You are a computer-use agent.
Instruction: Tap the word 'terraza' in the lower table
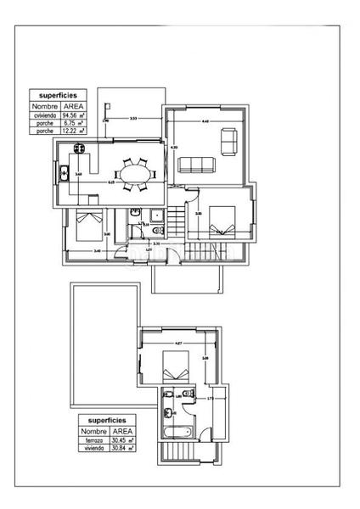[x=92, y=440]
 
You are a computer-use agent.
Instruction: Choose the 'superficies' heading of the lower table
[x=106, y=420]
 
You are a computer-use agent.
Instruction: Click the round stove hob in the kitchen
[x=78, y=148]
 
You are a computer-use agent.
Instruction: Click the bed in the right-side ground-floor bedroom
[x=221, y=219]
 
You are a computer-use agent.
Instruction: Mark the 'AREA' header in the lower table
[x=119, y=431]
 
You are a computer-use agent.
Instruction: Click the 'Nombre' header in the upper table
[x=44, y=107]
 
